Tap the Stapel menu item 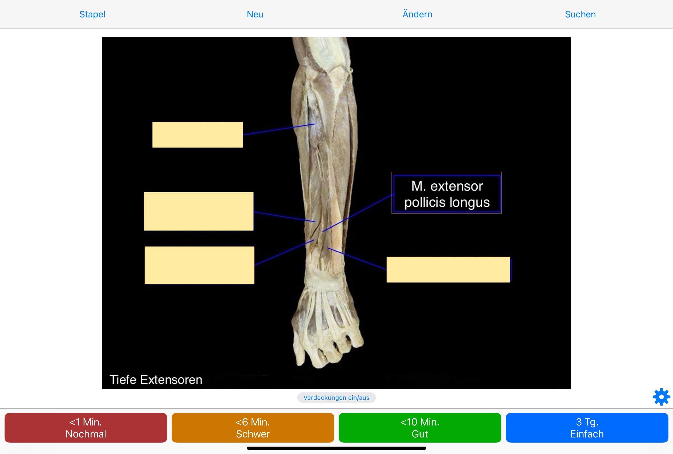[92, 14]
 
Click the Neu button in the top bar [255, 14]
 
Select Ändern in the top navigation [417, 14]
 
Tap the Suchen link [580, 14]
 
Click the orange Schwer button [253, 428]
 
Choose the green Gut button [420, 428]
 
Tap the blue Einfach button [587, 428]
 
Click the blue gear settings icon [661, 397]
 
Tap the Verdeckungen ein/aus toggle [336, 398]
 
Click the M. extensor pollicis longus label [447, 194]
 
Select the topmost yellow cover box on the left [197, 135]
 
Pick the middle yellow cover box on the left [198, 211]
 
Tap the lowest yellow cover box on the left [199, 265]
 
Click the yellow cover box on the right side [448, 269]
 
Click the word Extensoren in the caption [171, 380]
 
